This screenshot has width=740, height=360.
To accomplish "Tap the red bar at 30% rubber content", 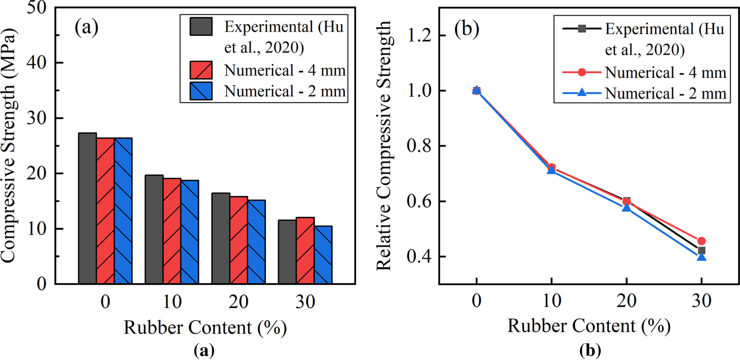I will pos(305,251).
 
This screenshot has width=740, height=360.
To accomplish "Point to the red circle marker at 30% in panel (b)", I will pos(702,241).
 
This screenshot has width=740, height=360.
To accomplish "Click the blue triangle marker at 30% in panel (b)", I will pos(702,256).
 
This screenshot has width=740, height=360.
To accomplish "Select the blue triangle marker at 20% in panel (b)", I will pos(627,208).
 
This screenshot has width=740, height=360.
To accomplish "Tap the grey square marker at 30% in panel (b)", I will pos(702,250).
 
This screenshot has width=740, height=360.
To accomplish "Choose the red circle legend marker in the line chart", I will pos(582,72).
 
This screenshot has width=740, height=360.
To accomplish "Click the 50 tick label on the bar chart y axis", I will pos(40,8).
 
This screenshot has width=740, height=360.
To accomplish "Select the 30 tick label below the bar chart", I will pos(305,303).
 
